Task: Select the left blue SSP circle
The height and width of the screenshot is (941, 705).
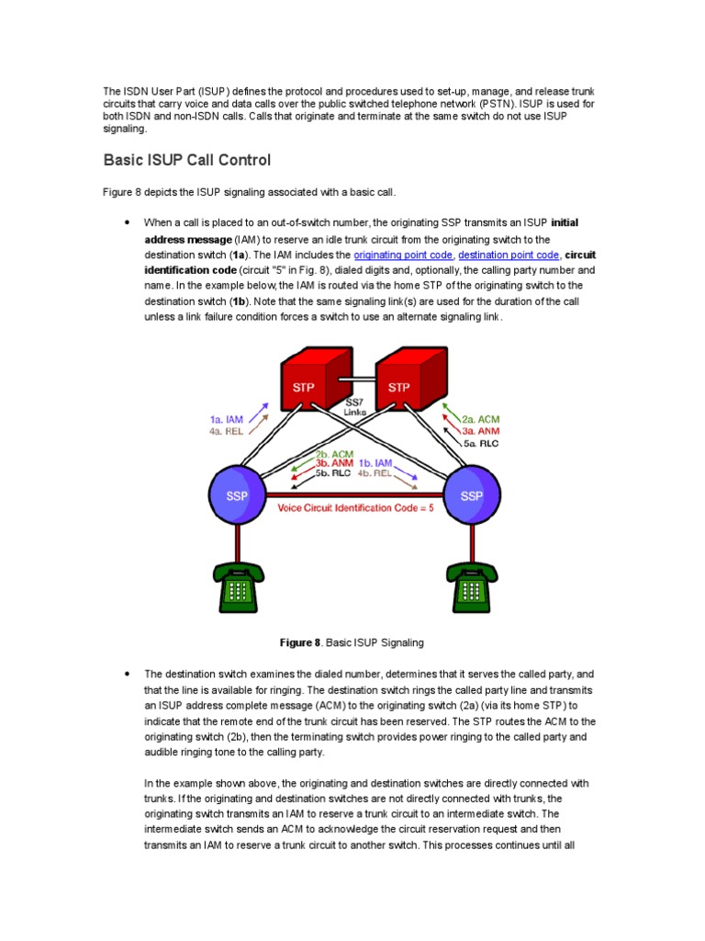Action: click(x=238, y=495)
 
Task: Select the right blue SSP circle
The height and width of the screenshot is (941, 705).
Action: click(x=472, y=495)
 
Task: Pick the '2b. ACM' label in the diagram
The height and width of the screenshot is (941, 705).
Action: click(x=334, y=454)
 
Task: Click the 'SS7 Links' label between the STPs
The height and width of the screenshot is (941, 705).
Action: click(x=353, y=406)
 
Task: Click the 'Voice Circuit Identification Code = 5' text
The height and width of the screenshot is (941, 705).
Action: click(x=356, y=507)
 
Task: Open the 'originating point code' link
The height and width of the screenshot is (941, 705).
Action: click(x=403, y=255)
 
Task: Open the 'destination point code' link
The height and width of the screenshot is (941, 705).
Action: click(x=508, y=255)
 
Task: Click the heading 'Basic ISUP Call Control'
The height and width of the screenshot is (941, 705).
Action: click(x=186, y=160)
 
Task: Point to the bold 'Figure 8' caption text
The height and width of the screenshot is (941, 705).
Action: click(x=302, y=642)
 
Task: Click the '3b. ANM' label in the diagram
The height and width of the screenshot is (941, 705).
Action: click(x=334, y=464)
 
